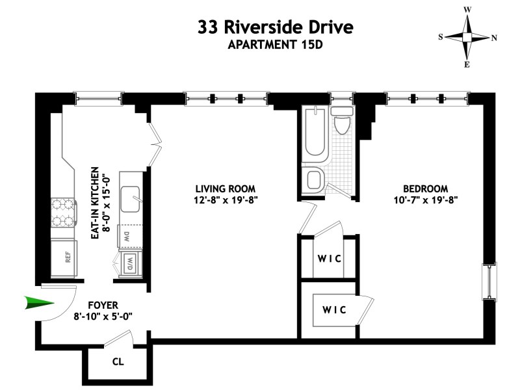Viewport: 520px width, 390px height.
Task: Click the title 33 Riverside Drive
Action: tap(276, 28)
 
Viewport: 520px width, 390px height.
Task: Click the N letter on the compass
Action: tap(494, 37)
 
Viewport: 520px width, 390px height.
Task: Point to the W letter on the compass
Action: tap(467, 10)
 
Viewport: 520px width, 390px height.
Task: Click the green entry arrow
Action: tap(38, 302)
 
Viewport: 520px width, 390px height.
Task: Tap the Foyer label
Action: tap(102, 304)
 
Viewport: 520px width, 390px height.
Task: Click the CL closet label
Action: tap(118, 361)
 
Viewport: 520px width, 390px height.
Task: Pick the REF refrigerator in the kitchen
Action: tap(67, 257)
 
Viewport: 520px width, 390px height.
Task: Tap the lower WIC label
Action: tap(334, 309)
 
